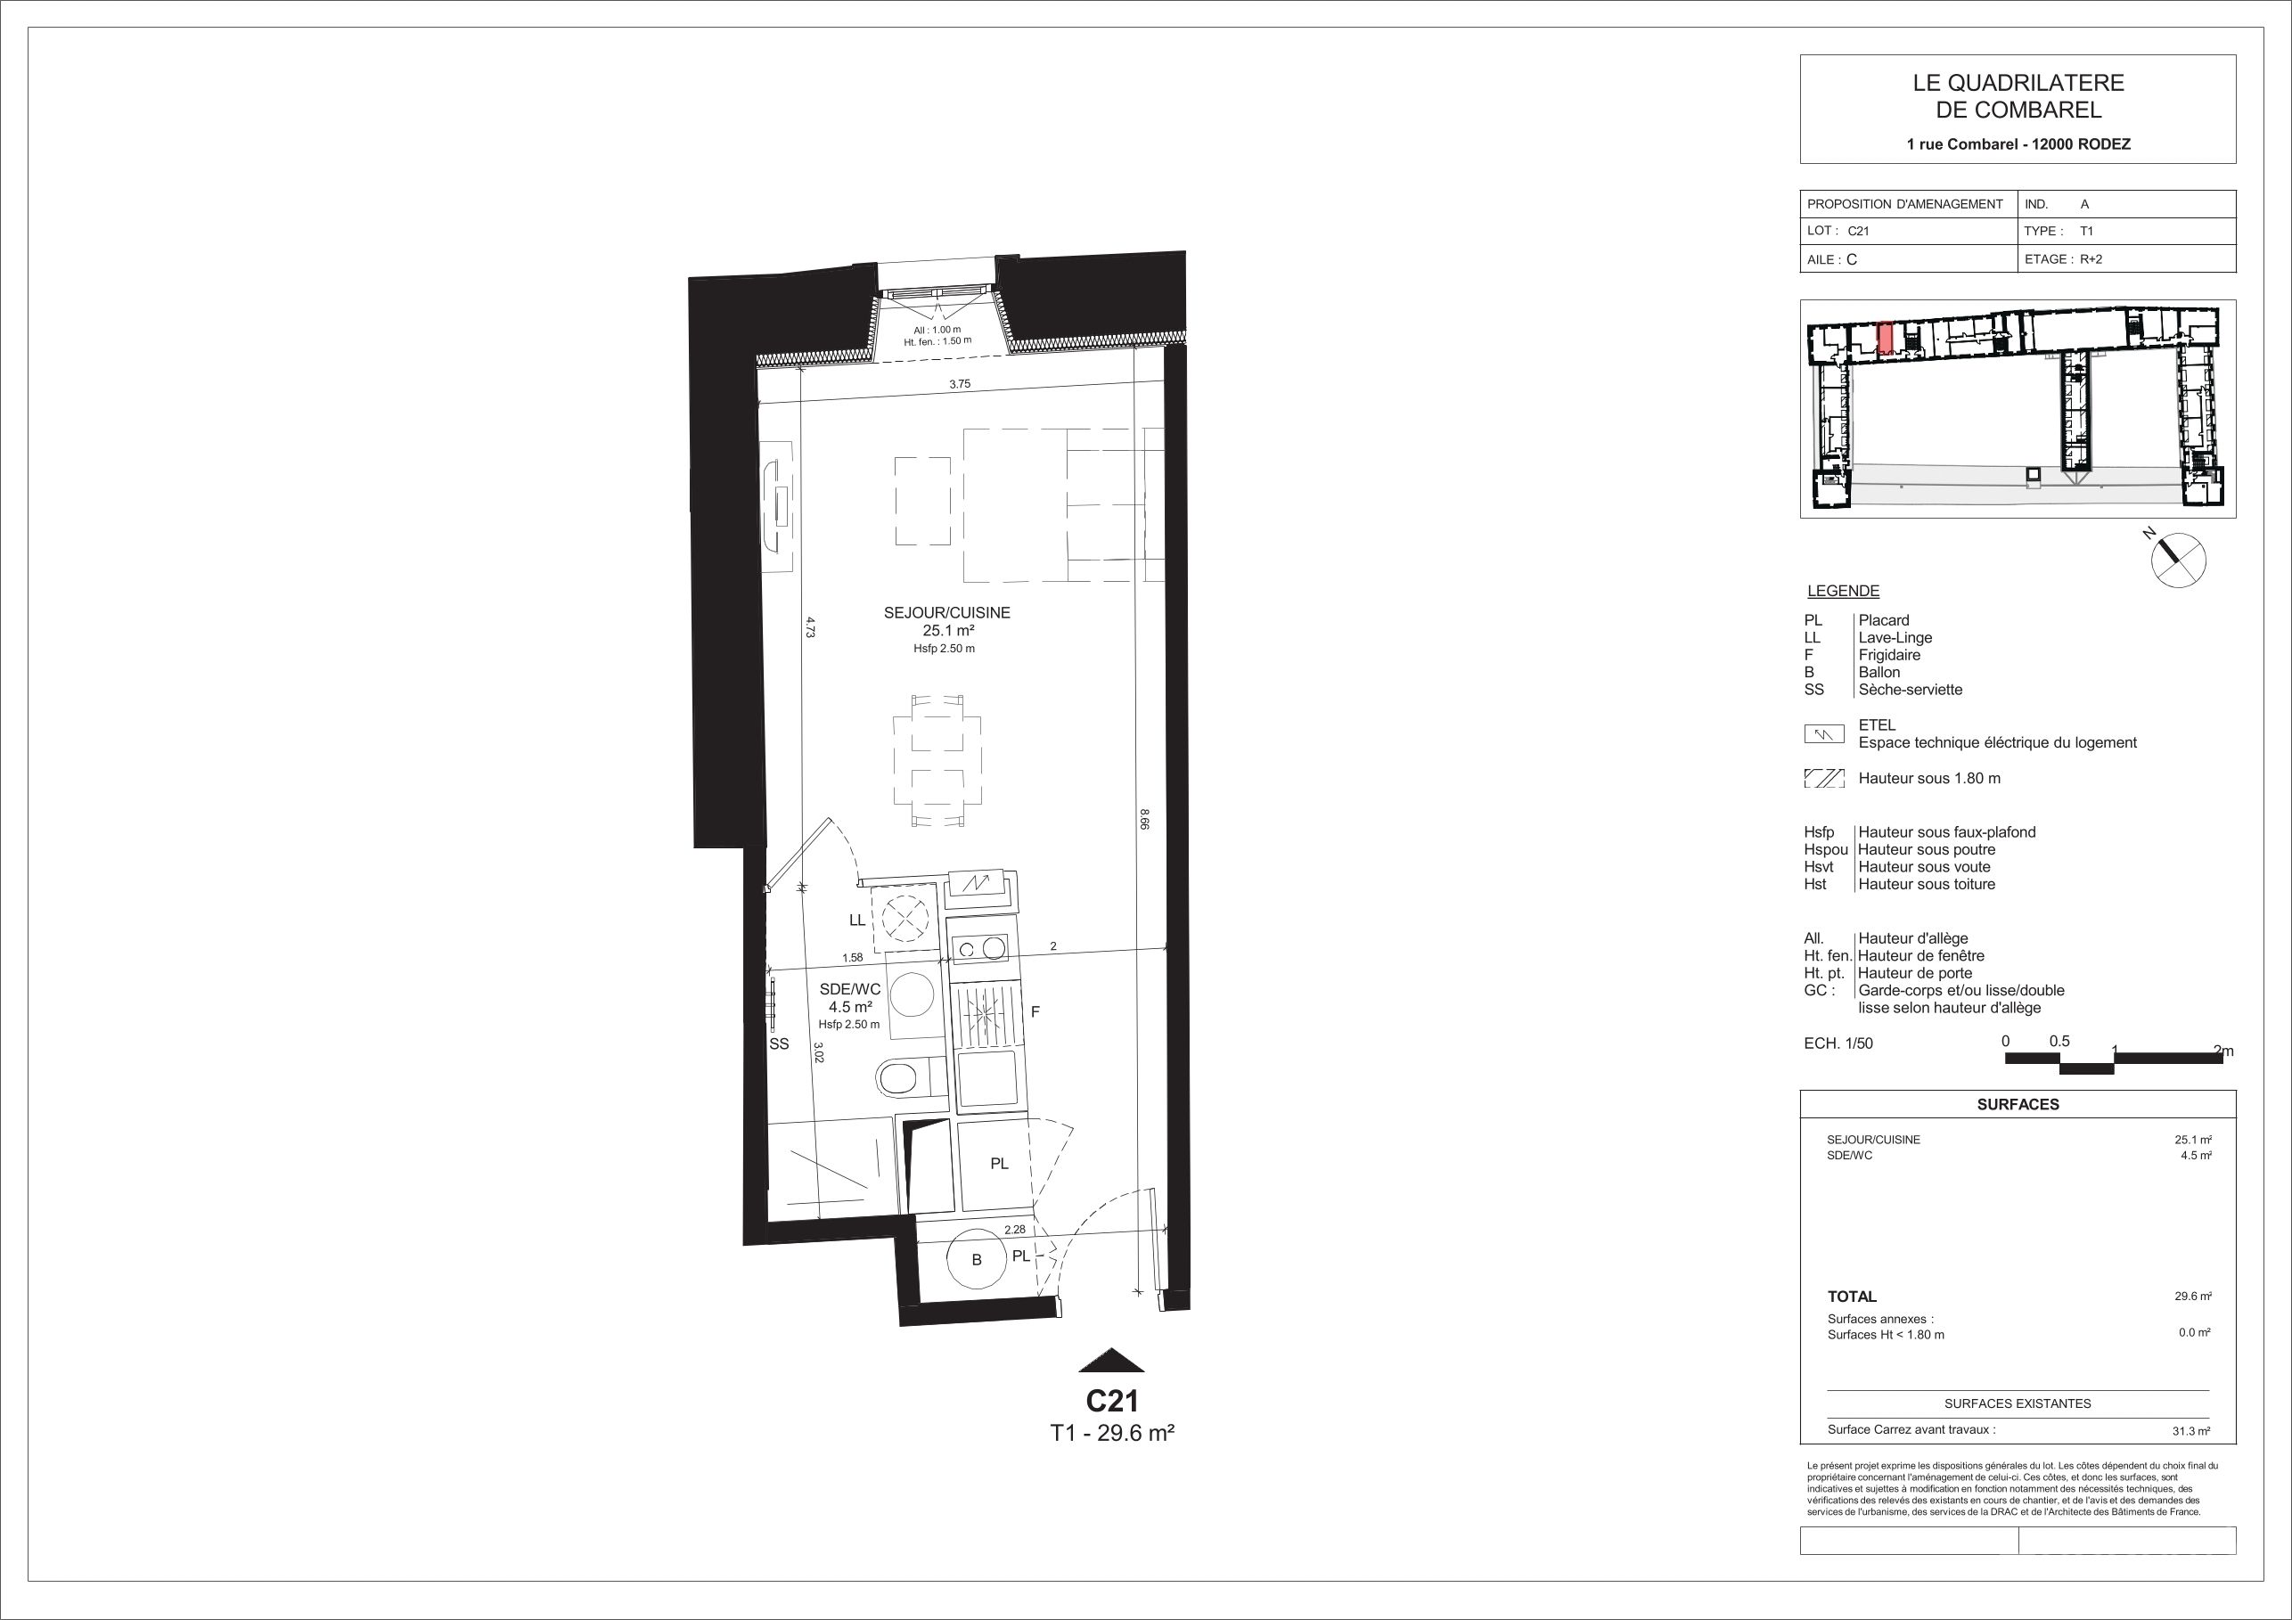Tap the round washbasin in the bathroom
click(x=911, y=996)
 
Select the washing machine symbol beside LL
click(x=905, y=917)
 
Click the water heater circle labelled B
click(x=977, y=1260)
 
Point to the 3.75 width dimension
click(x=960, y=383)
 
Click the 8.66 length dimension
click(x=1144, y=819)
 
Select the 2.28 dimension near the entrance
click(x=1015, y=1231)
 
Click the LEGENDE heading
click(x=1843, y=591)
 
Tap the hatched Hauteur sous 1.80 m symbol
click(x=1824, y=779)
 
